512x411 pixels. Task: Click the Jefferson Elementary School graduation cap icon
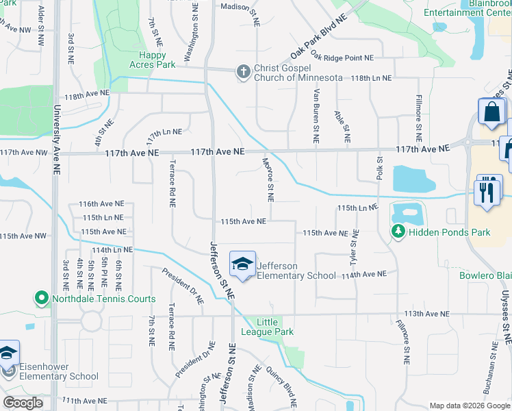point(242,264)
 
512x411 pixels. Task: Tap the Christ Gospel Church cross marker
point(242,71)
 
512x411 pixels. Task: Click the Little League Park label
point(275,327)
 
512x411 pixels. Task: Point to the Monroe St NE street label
point(268,179)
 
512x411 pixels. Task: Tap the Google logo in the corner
point(23,403)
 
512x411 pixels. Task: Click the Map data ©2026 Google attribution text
point(468,406)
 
